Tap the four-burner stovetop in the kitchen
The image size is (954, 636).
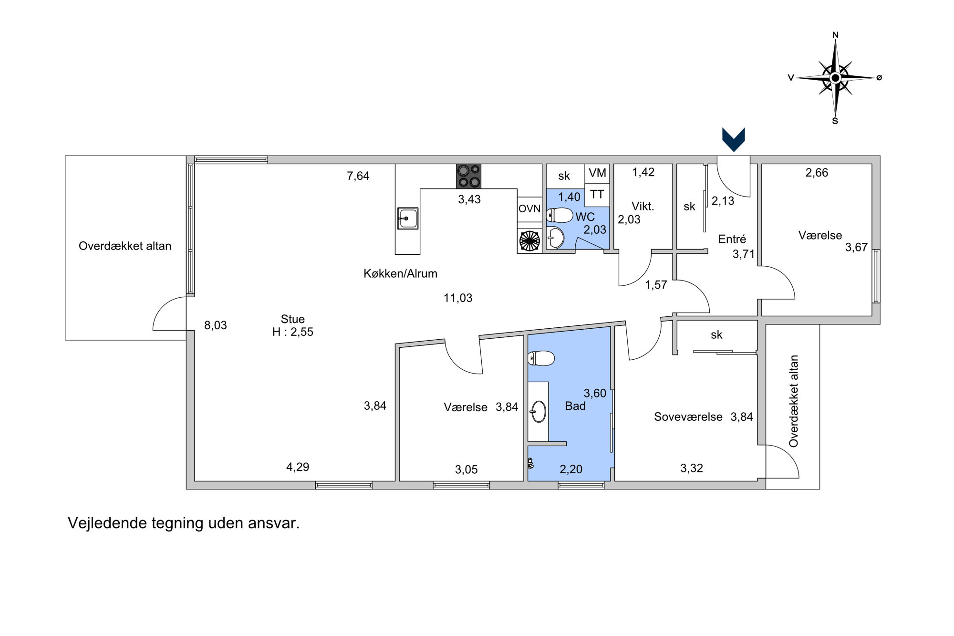468,176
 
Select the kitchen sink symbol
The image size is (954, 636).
408,219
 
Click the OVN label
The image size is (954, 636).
529,209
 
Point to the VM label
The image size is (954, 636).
597,173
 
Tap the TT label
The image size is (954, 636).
597,194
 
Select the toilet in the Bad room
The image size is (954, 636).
541,358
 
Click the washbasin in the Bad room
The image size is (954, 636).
539,411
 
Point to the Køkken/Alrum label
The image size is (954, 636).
400,273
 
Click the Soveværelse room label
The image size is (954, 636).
688,417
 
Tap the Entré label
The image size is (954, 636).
732,239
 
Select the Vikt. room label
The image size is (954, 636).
643,206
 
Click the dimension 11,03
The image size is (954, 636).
458,298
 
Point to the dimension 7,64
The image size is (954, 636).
358,176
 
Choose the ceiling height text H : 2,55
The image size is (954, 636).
293,332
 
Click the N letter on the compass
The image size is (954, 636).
835,35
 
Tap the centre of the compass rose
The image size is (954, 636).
835,77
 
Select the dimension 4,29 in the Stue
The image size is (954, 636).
298,467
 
